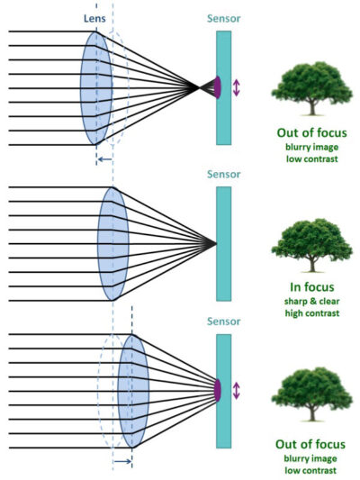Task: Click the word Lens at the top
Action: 94,18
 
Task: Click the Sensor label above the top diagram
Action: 223,18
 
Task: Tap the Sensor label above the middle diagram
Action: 223,174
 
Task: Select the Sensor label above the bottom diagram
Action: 223,322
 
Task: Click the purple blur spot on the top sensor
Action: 218,87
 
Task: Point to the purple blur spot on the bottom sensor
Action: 218,390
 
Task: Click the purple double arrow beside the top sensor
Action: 236,88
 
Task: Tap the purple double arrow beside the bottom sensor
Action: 236,391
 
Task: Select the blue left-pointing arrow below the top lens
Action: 105,159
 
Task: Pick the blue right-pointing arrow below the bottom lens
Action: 123,461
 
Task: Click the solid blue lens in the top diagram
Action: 96,88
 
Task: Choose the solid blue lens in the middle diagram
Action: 112,244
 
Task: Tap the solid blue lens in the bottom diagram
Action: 133,391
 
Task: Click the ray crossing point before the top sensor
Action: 198,88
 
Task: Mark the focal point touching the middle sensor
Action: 216,244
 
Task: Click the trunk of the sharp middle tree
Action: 312,265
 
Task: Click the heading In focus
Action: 312,287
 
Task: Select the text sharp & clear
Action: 312,301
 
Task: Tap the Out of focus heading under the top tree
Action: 312,133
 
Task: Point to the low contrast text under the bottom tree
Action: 310,470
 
